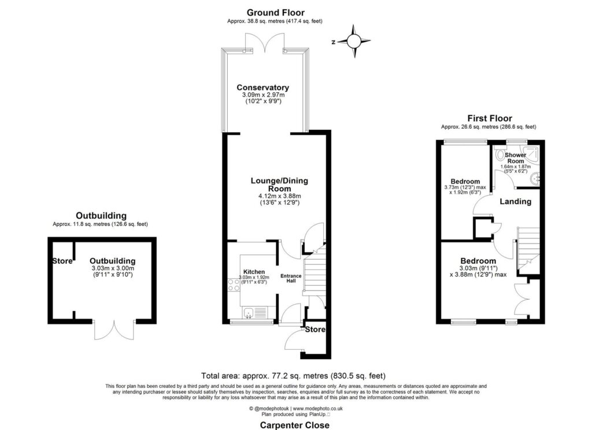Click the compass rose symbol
click(x=354, y=41)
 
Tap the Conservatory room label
click(x=263, y=87)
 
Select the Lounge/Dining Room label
click(x=279, y=185)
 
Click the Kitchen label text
click(x=254, y=272)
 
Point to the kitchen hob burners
click(x=234, y=285)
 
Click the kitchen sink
click(x=249, y=313)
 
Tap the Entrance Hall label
click(x=291, y=278)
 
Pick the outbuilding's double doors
click(x=114, y=330)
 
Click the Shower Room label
click(x=515, y=158)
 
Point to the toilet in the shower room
click(x=500, y=155)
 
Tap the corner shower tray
click(x=531, y=154)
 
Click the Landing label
click(x=515, y=201)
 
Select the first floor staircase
click(x=528, y=250)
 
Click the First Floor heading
click(x=490, y=118)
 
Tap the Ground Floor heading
click(x=276, y=13)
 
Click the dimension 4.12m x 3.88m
click(x=279, y=196)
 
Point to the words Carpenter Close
click(x=294, y=425)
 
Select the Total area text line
click(x=293, y=376)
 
